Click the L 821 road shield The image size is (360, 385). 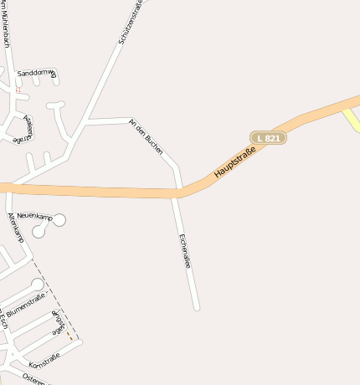tap(268, 136)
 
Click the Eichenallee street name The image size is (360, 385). tap(185, 250)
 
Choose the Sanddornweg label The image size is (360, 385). tap(36, 74)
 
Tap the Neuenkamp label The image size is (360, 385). tap(34, 217)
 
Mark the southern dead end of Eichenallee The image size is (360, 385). tap(198, 307)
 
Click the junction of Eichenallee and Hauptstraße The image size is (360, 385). tap(177, 193)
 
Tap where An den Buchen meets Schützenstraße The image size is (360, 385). tap(87, 123)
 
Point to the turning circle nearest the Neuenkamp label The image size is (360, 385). tap(59, 219)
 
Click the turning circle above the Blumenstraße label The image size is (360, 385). tap(37, 285)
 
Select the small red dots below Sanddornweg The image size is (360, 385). tap(18, 90)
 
